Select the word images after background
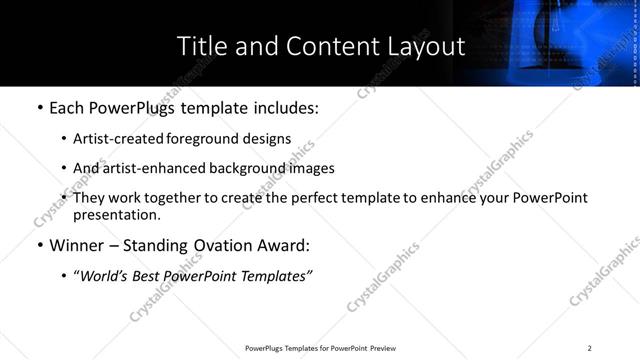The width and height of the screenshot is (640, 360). pyautogui.click(x=310, y=168)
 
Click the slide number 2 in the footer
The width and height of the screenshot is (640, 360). pyautogui.click(x=589, y=348)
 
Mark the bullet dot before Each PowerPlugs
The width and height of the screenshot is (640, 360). pyautogui.click(x=39, y=106)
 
